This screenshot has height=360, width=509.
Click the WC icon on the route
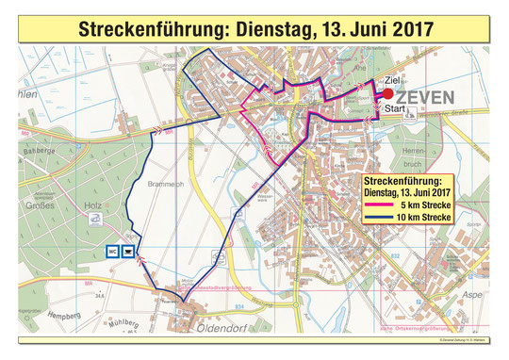[x=111, y=251]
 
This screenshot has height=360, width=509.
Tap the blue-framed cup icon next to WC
[x=128, y=251]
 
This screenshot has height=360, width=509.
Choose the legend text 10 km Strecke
[x=421, y=218]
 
